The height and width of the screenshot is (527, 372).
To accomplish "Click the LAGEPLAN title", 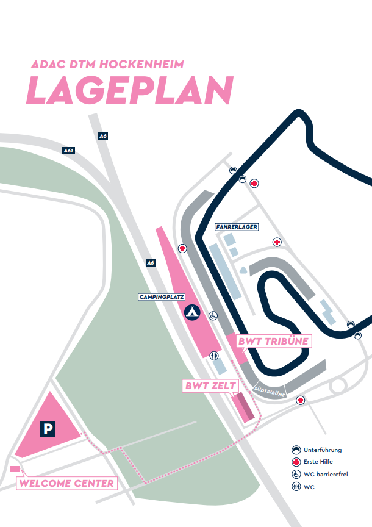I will pos(130,91).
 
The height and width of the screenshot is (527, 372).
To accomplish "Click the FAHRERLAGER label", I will pos(237,227).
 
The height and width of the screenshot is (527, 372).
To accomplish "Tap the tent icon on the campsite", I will pos(193,312).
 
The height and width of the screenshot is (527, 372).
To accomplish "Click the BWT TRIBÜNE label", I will pos(273,341).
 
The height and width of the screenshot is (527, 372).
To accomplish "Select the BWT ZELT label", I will pos(207,385).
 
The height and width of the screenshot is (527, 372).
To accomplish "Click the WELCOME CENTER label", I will pos(66,484).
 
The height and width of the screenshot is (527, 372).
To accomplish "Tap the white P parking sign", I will pos(48,429).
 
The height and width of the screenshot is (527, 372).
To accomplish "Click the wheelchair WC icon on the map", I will pos(213,315).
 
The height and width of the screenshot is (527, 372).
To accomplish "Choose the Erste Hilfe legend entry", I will pos(317,462).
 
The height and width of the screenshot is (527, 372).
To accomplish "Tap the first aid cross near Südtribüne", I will pos(300,400).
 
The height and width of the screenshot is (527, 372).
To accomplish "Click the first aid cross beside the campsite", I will pos(182,248).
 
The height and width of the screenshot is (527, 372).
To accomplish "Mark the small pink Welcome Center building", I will pos(15,468).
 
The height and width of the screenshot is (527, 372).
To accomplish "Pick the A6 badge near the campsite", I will pos(151,263).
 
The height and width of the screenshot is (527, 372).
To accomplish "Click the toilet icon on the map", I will pos(213,355).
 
